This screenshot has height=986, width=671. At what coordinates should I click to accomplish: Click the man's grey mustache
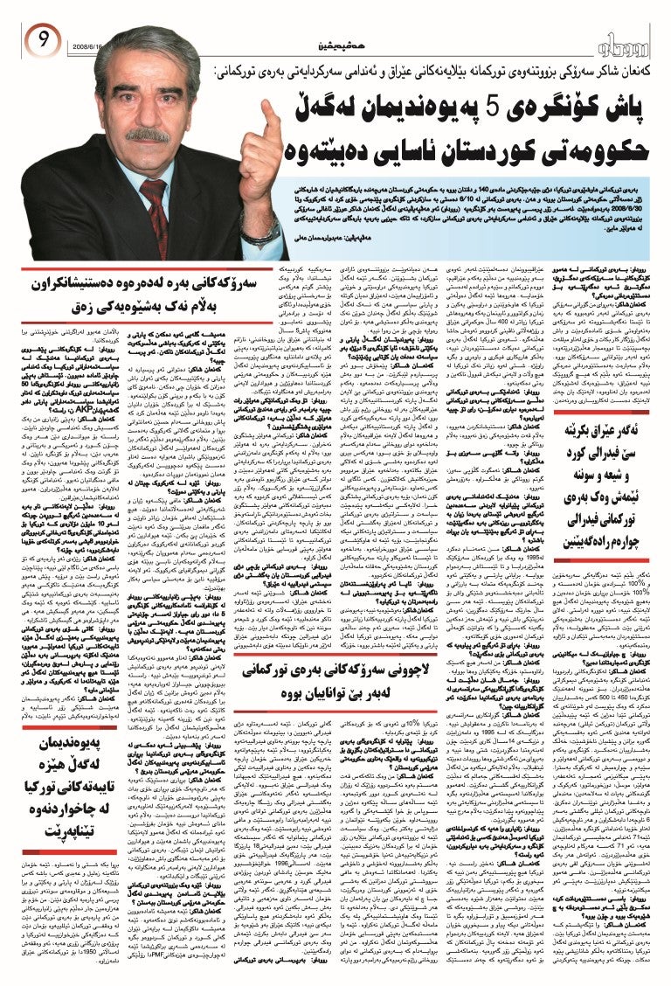click(148, 136)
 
